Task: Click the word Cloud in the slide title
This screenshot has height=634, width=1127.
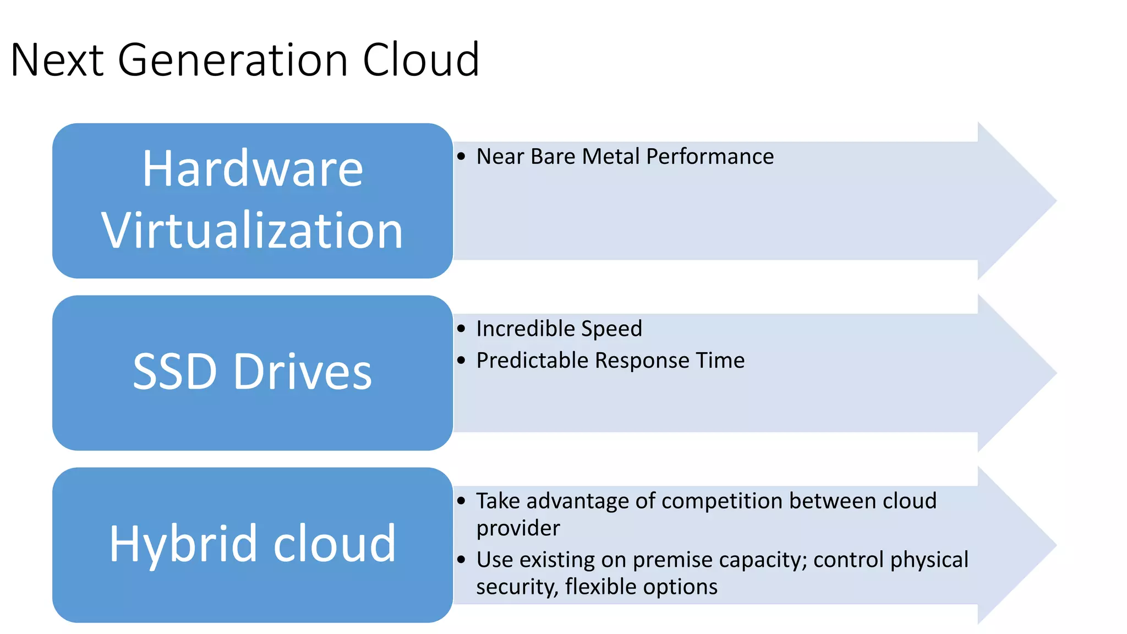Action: coord(421,59)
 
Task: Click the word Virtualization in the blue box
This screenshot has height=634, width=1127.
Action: coord(253,231)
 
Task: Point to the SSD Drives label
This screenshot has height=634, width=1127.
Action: coord(253,372)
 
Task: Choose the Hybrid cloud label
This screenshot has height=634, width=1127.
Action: coord(253,544)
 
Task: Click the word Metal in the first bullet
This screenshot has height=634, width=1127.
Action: coord(611,156)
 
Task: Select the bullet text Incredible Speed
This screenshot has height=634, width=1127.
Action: coord(559,329)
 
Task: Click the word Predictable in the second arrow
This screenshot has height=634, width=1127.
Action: coord(532,360)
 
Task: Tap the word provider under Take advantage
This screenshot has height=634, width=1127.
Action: coord(518,528)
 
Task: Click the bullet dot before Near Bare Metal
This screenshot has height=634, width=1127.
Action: coord(461,156)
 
